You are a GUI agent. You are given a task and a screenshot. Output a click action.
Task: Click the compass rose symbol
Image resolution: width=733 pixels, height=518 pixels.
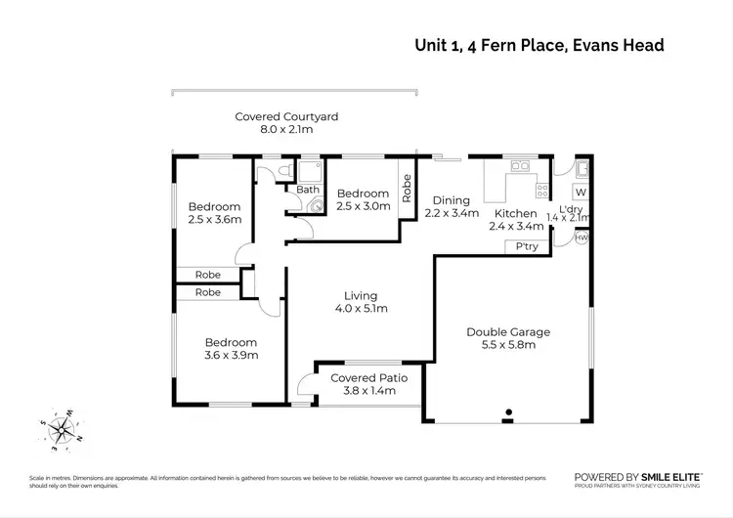point(61,427)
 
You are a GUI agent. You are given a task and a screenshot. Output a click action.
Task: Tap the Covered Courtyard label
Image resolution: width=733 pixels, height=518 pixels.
point(286,116)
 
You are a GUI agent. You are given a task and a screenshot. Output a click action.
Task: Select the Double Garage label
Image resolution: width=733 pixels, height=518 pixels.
point(507,332)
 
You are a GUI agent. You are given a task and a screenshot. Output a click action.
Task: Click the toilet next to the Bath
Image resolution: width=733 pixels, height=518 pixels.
point(283,172)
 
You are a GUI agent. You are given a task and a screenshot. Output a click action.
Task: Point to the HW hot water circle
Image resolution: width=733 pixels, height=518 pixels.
point(582,237)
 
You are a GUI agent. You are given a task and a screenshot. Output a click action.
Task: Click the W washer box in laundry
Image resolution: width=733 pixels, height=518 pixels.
point(581,192)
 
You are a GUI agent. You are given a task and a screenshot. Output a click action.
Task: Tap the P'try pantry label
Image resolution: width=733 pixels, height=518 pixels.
point(528,246)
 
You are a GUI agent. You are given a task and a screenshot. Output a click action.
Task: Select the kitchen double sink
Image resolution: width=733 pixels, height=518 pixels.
point(518,166)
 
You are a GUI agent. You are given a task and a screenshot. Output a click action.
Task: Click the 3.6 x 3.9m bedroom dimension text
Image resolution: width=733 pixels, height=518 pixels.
point(231,356)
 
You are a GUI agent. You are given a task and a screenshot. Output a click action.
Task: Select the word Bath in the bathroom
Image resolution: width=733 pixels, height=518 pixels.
point(308,190)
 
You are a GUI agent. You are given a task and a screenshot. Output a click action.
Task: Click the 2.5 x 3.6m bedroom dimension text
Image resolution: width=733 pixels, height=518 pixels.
point(214,220)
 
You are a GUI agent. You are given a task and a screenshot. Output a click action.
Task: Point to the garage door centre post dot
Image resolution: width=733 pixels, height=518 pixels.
point(507,421)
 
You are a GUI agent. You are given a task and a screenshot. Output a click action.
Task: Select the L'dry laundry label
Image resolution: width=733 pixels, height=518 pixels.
point(571,207)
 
